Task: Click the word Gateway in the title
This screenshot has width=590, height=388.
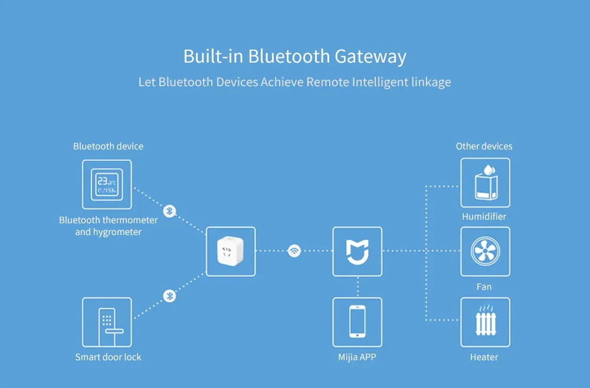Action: point(371,57)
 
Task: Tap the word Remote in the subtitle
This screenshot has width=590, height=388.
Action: point(327,82)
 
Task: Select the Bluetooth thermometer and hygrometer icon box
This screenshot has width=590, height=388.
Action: point(107,184)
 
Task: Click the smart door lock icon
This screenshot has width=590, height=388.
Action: point(107,322)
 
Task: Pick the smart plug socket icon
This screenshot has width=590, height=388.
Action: point(231,252)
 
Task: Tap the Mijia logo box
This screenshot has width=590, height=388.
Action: point(358,252)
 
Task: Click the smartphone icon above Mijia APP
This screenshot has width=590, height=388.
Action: point(358,322)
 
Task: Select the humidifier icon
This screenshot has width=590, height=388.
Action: point(485,182)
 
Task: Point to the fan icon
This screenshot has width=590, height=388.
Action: point(485,252)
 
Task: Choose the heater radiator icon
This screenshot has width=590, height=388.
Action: point(485,322)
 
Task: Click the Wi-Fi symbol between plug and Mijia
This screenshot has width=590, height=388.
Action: point(294,251)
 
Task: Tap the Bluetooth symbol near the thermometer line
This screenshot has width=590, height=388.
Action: point(169,211)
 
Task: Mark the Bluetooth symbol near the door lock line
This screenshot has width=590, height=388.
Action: point(169,296)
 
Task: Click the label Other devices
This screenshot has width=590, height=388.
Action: point(484,146)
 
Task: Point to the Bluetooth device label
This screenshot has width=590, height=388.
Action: point(108,146)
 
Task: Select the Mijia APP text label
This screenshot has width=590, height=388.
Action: point(358,357)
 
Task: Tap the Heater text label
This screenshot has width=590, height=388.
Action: point(484,357)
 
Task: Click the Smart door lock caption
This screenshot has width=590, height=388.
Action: point(108,357)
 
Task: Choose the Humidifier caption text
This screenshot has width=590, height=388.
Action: point(484,217)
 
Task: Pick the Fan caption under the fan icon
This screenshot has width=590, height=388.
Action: point(484,287)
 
